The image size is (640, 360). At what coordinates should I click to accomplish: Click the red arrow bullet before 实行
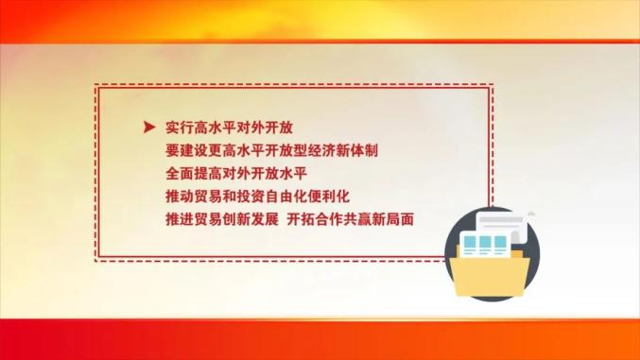148,127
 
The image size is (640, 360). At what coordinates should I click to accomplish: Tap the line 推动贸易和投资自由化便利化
257,197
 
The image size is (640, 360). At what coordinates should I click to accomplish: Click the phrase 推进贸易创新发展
221,220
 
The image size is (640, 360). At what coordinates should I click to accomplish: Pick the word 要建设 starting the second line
186,150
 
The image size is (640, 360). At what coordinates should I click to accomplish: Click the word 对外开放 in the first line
279,127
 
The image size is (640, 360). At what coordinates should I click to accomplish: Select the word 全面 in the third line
179,174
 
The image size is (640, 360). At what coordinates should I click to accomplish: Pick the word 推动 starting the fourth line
179,197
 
